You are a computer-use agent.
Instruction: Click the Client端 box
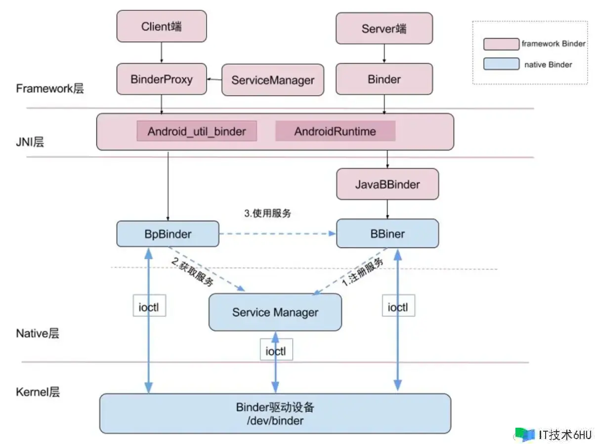pyautogui.click(x=162, y=26)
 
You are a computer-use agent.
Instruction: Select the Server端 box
pyautogui.click(x=384, y=28)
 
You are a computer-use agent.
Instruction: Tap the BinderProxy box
pyautogui.click(x=162, y=79)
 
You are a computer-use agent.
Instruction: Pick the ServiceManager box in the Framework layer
pyautogui.click(x=273, y=80)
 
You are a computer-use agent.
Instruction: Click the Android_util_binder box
pyautogui.click(x=197, y=131)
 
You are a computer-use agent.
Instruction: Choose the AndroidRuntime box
pyautogui.click(x=335, y=131)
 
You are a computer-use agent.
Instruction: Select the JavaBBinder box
pyautogui.click(x=387, y=184)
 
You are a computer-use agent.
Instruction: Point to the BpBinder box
pyautogui.click(x=168, y=234)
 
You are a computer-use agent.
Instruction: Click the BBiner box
pyautogui.click(x=387, y=234)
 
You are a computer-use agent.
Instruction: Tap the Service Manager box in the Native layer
pyautogui.click(x=275, y=312)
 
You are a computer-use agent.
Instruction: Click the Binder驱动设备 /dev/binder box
pyautogui.click(x=275, y=414)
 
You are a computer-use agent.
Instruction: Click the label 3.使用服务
pyautogui.click(x=268, y=213)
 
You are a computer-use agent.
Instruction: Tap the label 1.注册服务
pyautogui.click(x=363, y=272)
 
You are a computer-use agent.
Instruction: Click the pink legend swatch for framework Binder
pyautogui.click(x=501, y=44)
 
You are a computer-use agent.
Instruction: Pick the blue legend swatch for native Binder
pyautogui.click(x=501, y=64)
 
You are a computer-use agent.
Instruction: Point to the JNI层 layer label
pyautogui.click(x=30, y=142)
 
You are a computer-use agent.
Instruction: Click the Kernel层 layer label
pyautogui.click(x=38, y=392)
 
